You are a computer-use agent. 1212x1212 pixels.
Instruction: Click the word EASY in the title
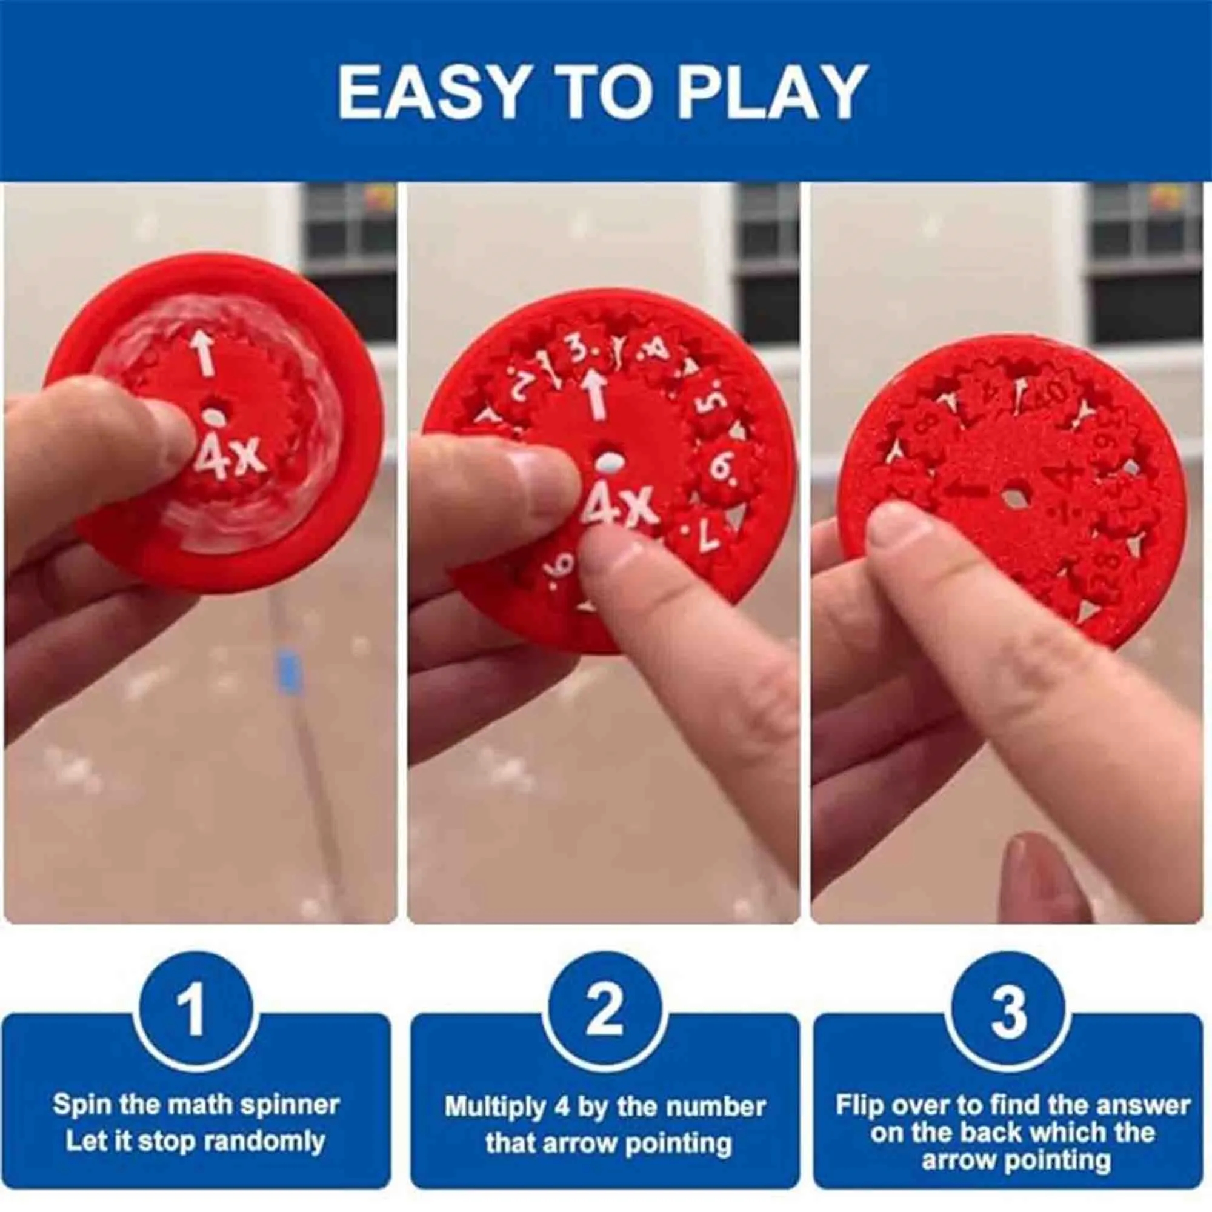click(430, 92)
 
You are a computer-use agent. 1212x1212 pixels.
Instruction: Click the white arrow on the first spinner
click(202, 352)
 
